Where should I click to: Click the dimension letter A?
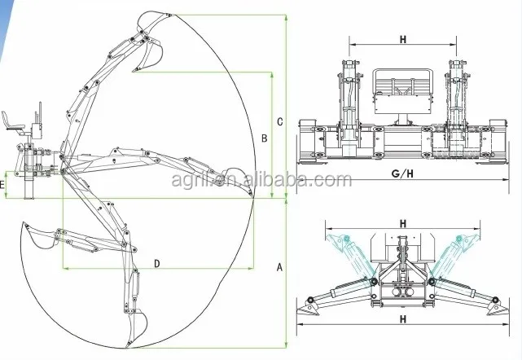click(x=279, y=266)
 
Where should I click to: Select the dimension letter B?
click(x=264, y=138)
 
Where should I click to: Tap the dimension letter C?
click(x=279, y=121)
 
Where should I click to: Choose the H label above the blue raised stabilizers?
click(x=403, y=222)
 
